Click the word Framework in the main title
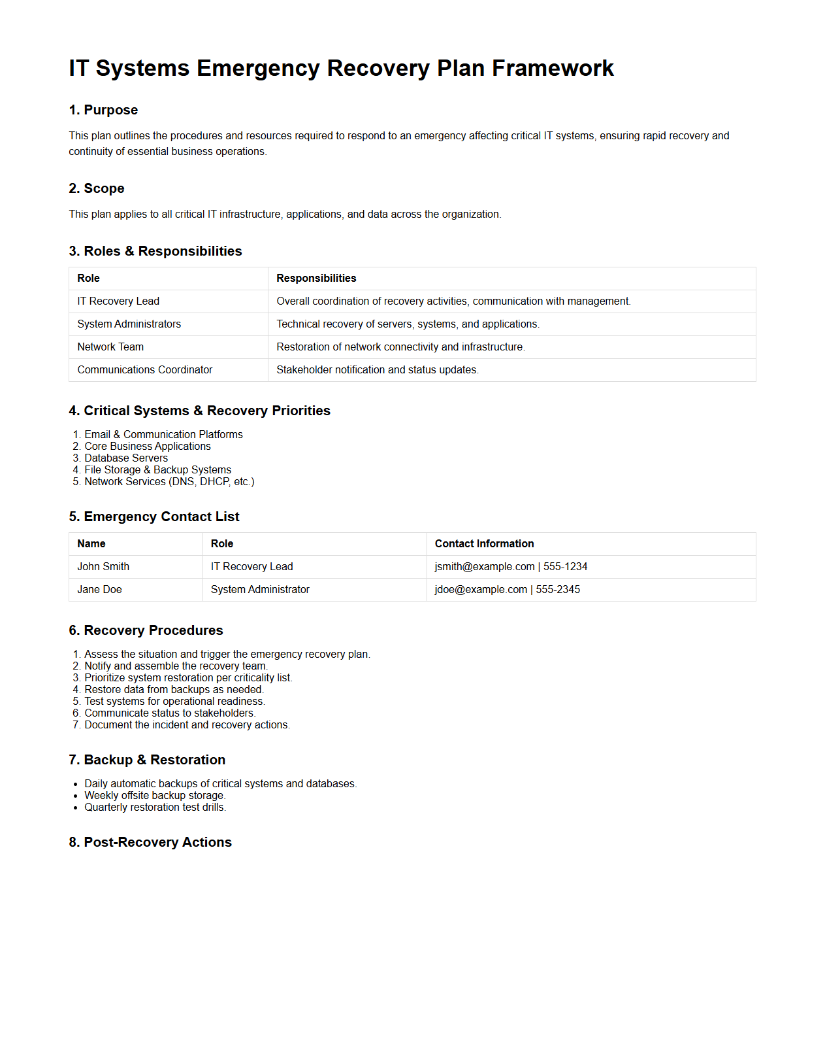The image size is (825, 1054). point(553,69)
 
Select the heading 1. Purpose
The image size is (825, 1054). point(103,110)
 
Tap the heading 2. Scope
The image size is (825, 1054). point(96,188)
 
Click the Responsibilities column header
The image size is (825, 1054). point(316,279)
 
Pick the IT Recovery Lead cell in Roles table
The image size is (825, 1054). point(118,301)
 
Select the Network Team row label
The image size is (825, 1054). point(110,347)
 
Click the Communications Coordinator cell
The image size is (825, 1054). point(144,370)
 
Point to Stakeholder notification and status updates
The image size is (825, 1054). point(377,370)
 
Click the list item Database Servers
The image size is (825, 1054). point(126,458)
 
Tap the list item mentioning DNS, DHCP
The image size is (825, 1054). point(169,482)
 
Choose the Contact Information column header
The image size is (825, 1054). point(484,544)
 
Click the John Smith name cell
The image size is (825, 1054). point(103,567)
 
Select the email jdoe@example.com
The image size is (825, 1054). point(481,590)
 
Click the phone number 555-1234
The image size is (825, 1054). point(565,567)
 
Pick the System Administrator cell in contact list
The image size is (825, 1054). point(260,590)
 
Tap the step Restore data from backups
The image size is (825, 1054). point(174,690)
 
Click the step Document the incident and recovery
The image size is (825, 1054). point(187,725)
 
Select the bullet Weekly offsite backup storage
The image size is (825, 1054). point(155,796)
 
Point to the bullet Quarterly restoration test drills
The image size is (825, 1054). point(155,807)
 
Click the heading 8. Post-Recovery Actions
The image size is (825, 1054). point(150,842)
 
